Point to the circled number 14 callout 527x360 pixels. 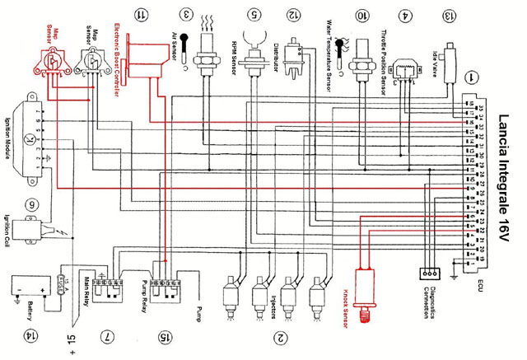30,336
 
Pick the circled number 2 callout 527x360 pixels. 281,336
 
